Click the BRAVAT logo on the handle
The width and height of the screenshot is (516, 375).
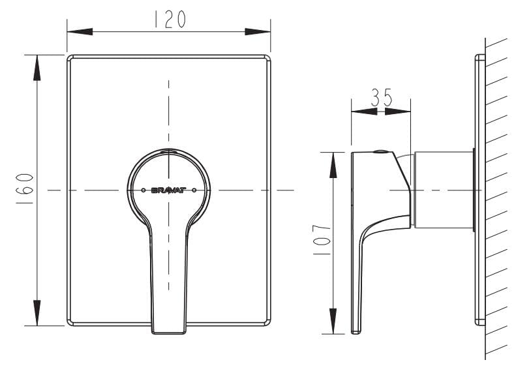point(169,191)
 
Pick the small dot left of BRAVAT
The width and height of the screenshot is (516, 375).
point(144,190)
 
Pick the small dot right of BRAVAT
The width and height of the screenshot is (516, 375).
point(194,190)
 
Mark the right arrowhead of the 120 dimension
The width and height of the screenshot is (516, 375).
point(259,32)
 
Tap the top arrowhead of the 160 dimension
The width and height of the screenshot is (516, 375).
point(37,65)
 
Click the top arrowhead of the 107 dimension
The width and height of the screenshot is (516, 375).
point(333,163)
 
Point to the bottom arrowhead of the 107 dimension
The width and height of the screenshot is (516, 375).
point(333,323)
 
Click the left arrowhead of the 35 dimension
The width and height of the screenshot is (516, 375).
point(362,111)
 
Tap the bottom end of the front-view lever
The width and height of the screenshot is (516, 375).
point(169,331)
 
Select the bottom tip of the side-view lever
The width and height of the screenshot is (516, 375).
point(356,331)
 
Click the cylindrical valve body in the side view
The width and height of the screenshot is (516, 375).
point(444,190)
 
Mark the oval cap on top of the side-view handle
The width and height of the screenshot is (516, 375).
point(379,153)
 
